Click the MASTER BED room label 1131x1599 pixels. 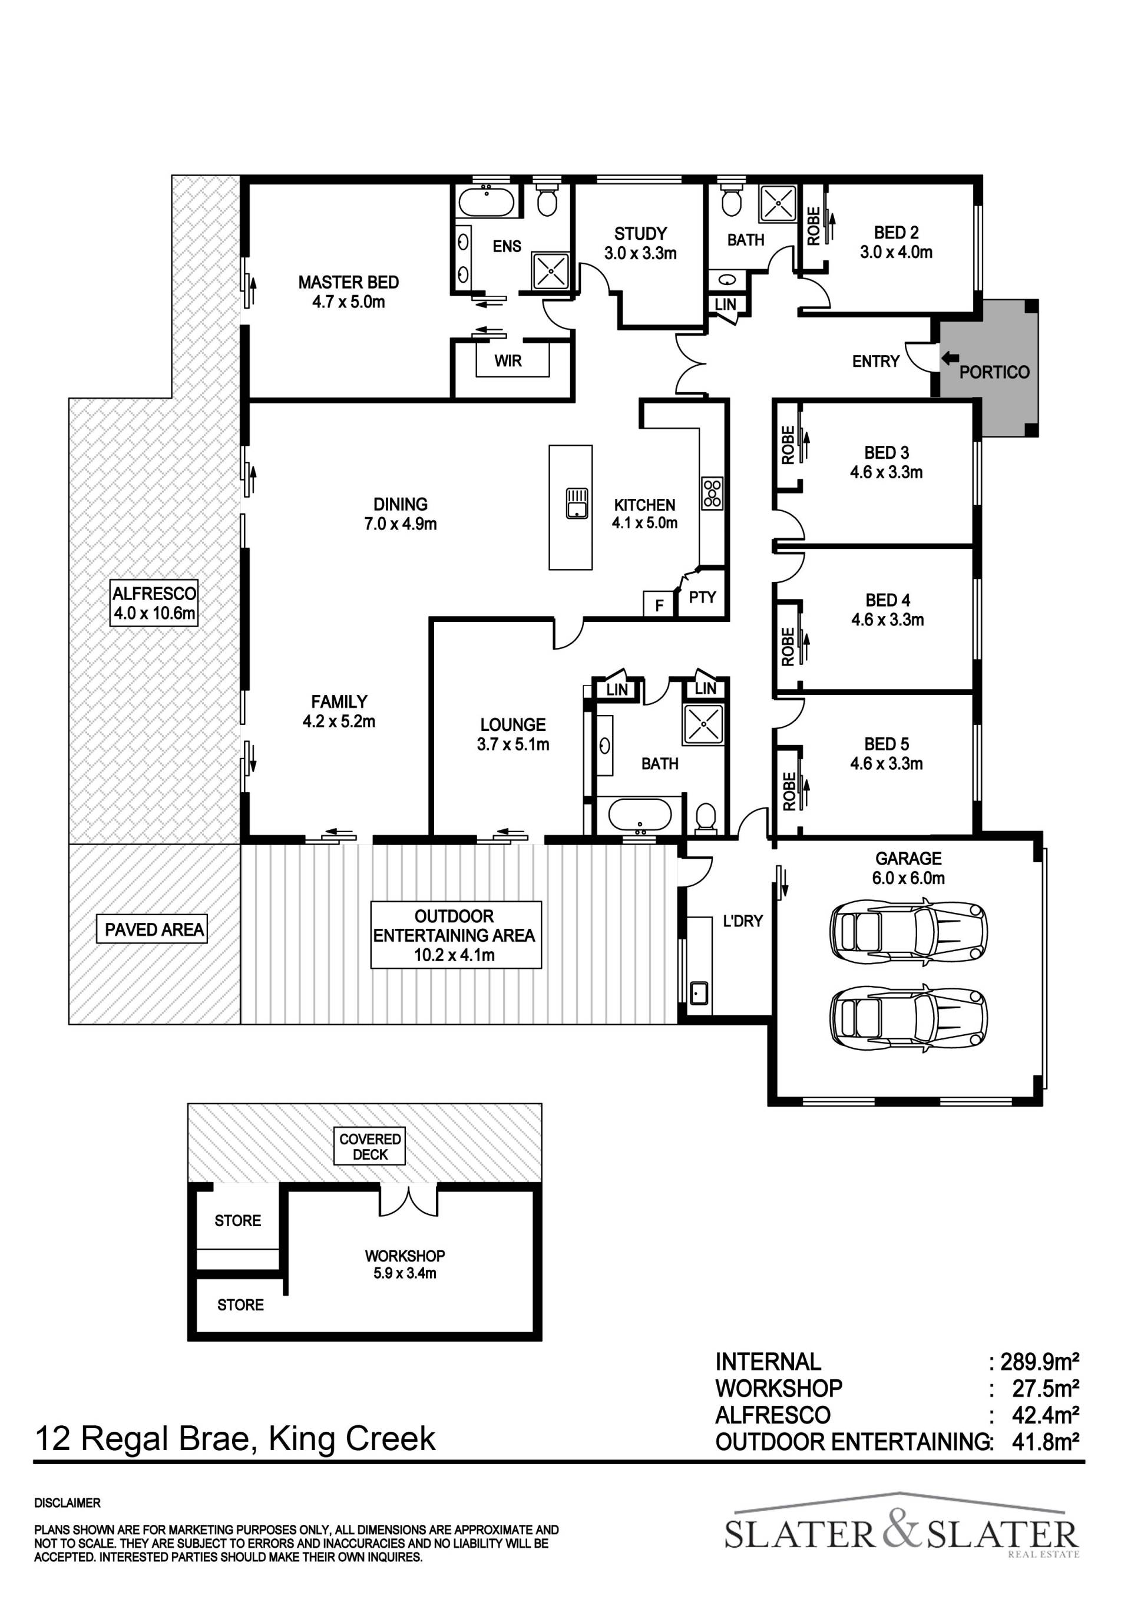tap(348, 282)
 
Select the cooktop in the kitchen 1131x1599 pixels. tap(712, 493)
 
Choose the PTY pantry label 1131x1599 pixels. tap(702, 597)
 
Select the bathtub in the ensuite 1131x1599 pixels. tap(486, 203)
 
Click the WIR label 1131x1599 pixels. tap(508, 361)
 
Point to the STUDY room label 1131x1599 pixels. tap(640, 233)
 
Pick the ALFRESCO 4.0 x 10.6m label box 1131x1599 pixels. tap(154, 603)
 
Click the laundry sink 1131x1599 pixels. tap(699, 992)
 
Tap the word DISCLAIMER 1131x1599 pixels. tap(68, 1503)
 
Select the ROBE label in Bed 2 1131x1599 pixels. tap(813, 226)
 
